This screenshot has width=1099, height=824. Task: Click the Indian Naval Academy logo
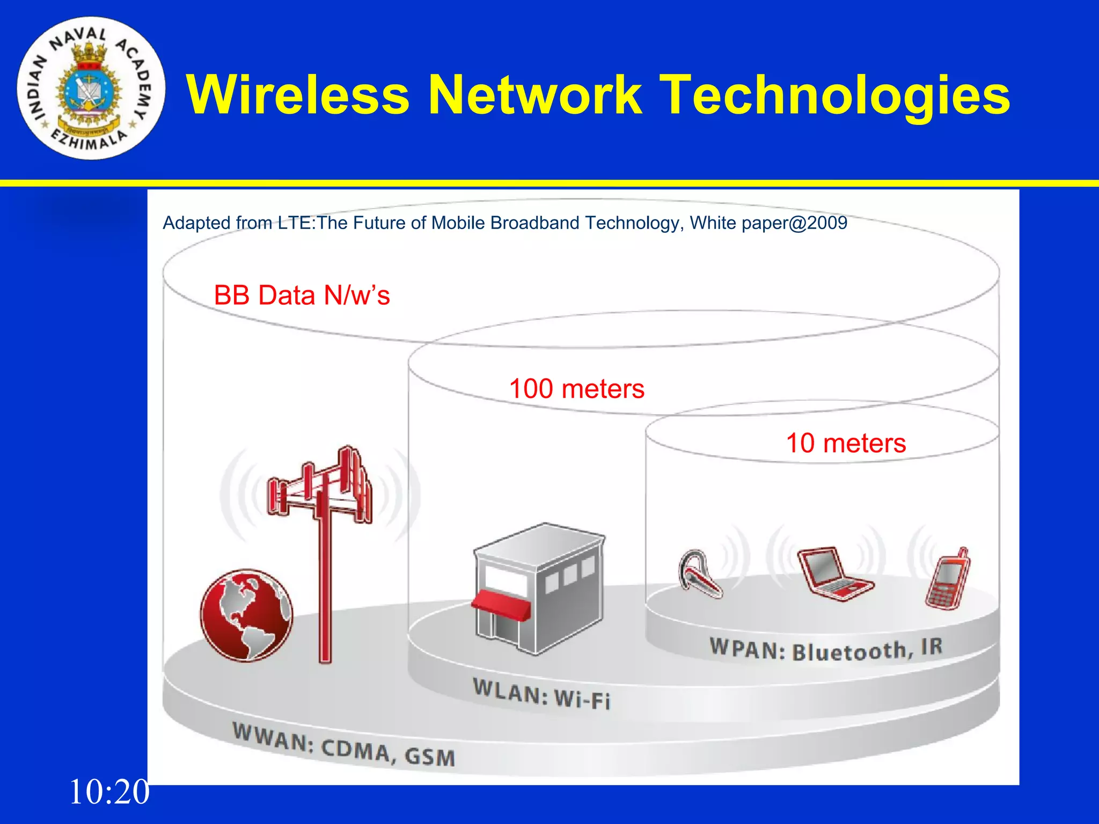(91, 89)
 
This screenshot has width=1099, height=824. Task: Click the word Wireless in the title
(298, 95)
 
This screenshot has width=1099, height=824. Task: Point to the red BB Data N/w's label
(302, 296)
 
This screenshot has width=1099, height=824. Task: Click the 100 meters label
(576, 389)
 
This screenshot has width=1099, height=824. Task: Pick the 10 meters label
(846, 444)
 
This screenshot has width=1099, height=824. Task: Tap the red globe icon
(246, 615)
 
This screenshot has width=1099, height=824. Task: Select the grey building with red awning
(539, 587)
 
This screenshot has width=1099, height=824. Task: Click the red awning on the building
(501, 604)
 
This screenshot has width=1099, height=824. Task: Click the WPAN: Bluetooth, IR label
(826, 649)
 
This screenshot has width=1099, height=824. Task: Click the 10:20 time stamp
(109, 792)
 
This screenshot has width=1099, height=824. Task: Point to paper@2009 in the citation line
(794, 223)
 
